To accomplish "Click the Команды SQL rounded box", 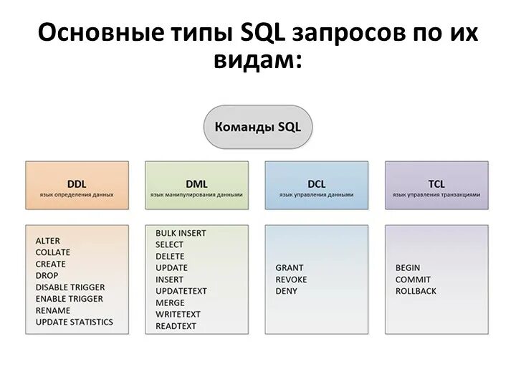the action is click(x=258, y=127).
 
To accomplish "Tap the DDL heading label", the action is click(x=77, y=184).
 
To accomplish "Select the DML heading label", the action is click(x=196, y=184).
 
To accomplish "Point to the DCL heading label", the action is click(x=316, y=184).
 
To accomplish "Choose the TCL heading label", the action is click(x=436, y=184).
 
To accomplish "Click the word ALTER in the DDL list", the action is click(x=48, y=241).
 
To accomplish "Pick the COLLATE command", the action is click(x=53, y=252).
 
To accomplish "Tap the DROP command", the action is click(x=47, y=275).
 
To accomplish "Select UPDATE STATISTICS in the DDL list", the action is click(x=75, y=322).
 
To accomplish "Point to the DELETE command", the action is click(x=170, y=256).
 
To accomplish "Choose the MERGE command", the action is click(x=170, y=302).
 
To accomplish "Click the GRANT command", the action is click(x=290, y=268).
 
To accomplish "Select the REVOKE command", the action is click(x=291, y=279).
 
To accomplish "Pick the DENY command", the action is click(x=286, y=291).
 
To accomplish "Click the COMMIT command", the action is click(x=414, y=279).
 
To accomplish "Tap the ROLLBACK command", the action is click(x=416, y=291).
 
